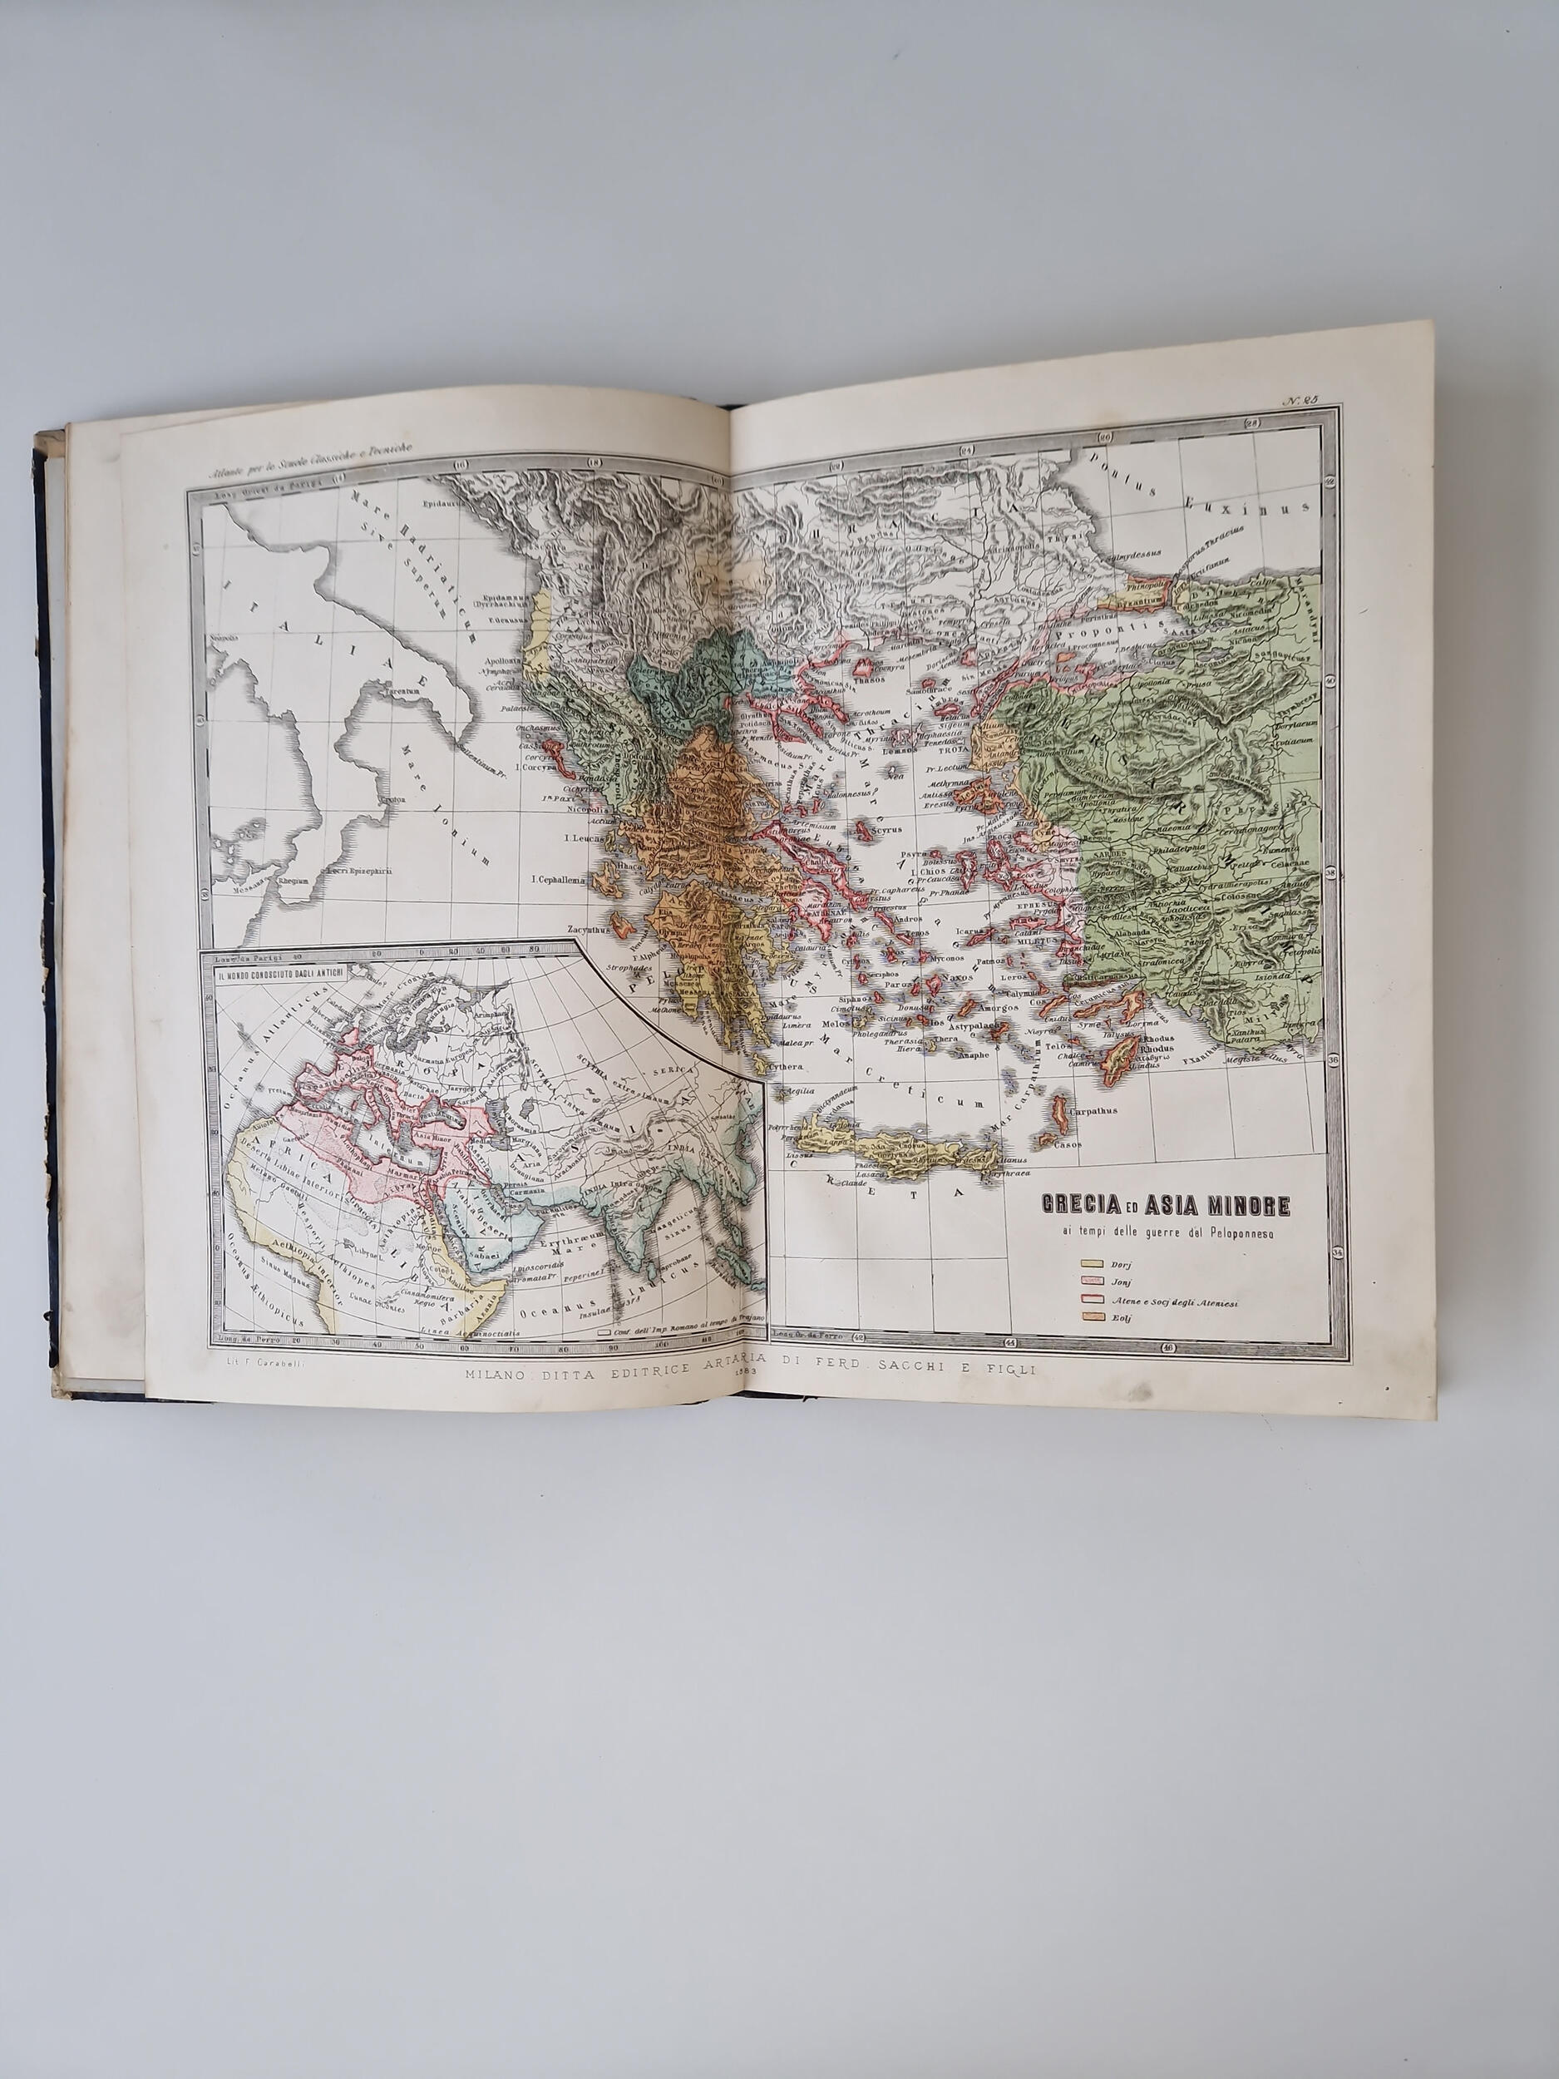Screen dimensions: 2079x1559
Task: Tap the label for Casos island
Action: click(x=1067, y=1143)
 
